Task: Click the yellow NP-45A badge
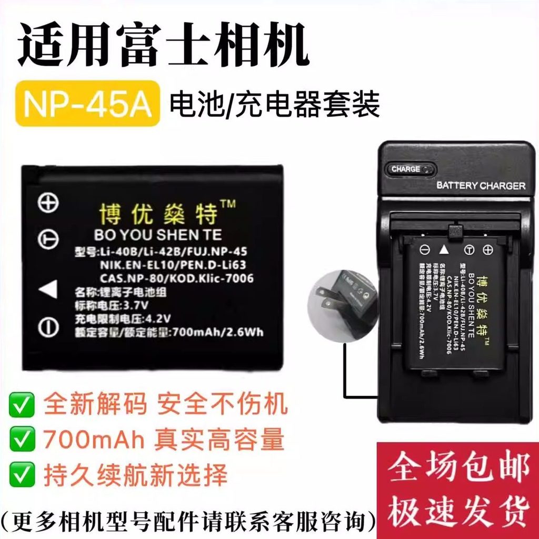pyautogui.click(x=87, y=103)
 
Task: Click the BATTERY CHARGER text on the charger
pyautogui.click(x=481, y=186)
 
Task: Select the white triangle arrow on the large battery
pyautogui.click(x=48, y=289)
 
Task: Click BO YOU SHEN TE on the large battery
pyautogui.click(x=158, y=234)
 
